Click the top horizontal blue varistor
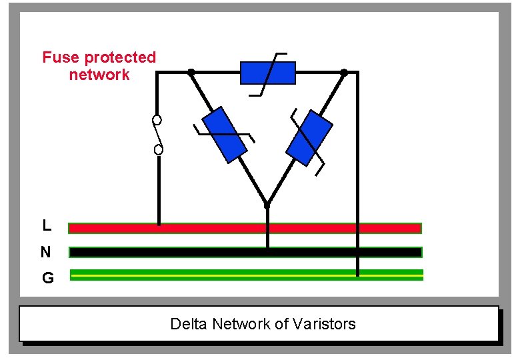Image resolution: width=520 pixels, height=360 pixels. tap(267, 73)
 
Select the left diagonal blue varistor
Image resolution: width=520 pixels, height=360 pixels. tap(224, 135)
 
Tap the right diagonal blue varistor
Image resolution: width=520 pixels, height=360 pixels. tap(309, 138)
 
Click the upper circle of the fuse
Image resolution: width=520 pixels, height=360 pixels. tap(157, 121)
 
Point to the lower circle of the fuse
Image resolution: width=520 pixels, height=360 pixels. tap(159, 149)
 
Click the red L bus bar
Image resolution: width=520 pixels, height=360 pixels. tap(245, 228)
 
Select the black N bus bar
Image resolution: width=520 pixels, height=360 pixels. tap(245, 252)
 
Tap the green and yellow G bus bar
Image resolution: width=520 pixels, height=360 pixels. tap(246, 274)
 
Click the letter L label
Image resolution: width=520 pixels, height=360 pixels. tap(47, 226)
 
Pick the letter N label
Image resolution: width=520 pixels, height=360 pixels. tap(45, 252)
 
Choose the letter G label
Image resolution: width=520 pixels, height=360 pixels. tap(47, 278)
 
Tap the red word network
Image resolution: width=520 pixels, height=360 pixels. tap(99, 75)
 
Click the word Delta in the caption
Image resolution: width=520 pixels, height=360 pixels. tap(189, 324)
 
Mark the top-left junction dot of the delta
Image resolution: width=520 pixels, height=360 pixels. tap(191, 71)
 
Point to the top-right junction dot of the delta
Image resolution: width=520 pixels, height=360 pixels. tap(344, 71)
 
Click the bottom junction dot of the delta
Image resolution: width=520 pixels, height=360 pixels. tap(267, 205)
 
